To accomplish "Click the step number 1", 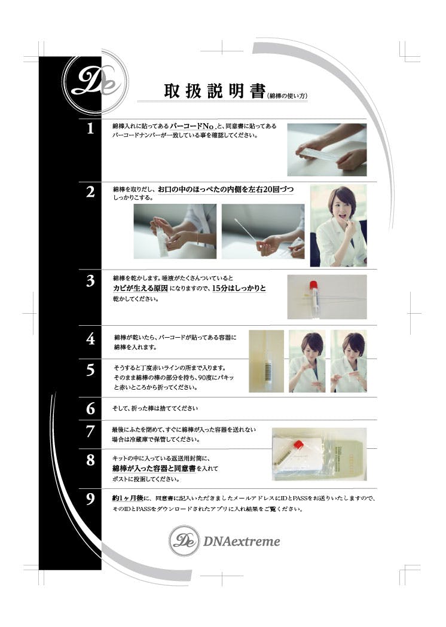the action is point(90,129).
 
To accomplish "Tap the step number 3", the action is point(90,281).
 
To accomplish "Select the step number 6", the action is point(91,409).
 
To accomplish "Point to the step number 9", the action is point(91,499).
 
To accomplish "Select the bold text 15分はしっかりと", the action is point(239,288).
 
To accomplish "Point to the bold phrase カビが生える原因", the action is point(140,288).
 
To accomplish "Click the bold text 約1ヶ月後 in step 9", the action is point(127,498).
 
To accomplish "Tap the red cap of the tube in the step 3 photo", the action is point(313,285).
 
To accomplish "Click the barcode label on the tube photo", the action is point(267,367).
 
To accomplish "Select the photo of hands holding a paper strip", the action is point(327,150).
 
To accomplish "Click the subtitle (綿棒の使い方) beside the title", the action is point(287,96).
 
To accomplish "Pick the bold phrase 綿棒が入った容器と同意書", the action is point(154,468).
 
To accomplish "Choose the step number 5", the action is point(91,370).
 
